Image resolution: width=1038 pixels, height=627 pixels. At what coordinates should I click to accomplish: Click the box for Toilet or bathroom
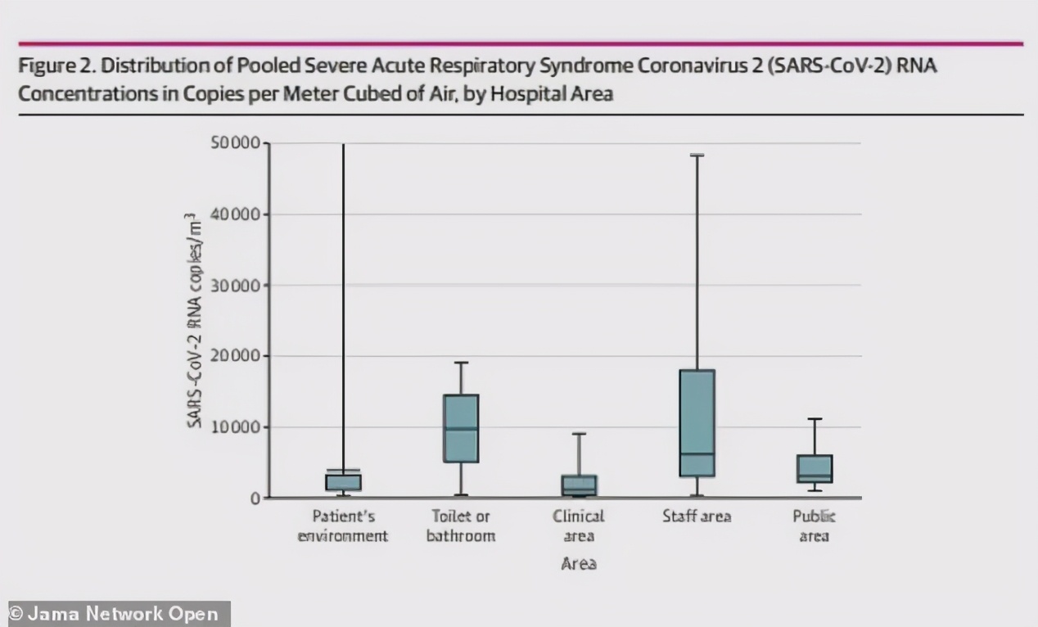[461, 428]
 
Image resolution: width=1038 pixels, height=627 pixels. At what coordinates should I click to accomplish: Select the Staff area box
[697, 422]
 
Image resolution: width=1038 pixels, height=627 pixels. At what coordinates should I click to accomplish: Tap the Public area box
[815, 468]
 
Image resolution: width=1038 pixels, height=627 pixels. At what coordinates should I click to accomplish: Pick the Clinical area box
[579, 485]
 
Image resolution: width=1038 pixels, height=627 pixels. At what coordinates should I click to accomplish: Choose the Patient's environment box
[343, 482]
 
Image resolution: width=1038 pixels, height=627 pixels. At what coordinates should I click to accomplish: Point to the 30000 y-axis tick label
[236, 286]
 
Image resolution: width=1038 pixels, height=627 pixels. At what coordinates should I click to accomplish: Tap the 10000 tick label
[236, 427]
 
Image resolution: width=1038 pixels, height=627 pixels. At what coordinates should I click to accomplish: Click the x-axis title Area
[579, 563]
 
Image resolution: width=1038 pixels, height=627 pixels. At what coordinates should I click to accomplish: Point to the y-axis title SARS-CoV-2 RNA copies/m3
[194, 321]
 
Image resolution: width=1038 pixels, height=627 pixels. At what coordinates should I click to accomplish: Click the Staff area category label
[697, 516]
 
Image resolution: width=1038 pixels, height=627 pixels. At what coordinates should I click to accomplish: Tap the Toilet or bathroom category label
[461, 526]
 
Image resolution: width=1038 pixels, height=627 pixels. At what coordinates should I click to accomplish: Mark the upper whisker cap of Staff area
[697, 156]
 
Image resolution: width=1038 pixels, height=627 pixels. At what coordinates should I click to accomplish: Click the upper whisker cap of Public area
[815, 419]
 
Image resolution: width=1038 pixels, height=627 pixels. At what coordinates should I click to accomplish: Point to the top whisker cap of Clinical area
[579, 434]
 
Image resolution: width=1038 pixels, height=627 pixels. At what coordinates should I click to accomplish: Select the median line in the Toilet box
[461, 429]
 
